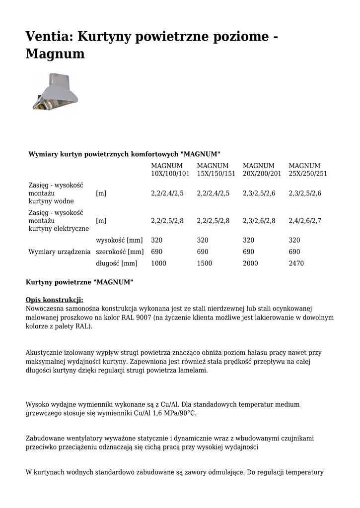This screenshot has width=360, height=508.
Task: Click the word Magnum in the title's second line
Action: [x=55, y=54]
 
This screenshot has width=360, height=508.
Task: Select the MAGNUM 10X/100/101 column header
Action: [x=170, y=170]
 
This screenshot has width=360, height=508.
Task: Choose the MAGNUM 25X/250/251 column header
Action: [x=308, y=170]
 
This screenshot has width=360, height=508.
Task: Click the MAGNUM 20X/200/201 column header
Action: [x=262, y=170]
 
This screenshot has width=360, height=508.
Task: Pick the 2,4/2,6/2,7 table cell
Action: [x=305, y=221]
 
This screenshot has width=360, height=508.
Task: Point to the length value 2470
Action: [x=296, y=263]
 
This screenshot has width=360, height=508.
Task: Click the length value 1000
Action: [x=158, y=263]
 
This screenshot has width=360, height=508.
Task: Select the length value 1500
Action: [x=205, y=263]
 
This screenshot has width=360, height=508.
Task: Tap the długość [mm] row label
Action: [x=116, y=263]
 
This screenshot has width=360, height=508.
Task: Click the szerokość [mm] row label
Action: [x=119, y=252]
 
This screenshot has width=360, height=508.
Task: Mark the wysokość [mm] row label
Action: [x=119, y=241]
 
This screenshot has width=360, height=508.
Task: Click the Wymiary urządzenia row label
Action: [x=60, y=252]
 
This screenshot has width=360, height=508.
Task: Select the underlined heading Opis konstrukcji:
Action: [x=55, y=300]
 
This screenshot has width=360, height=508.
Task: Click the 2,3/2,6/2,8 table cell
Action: [x=259, y=221]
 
